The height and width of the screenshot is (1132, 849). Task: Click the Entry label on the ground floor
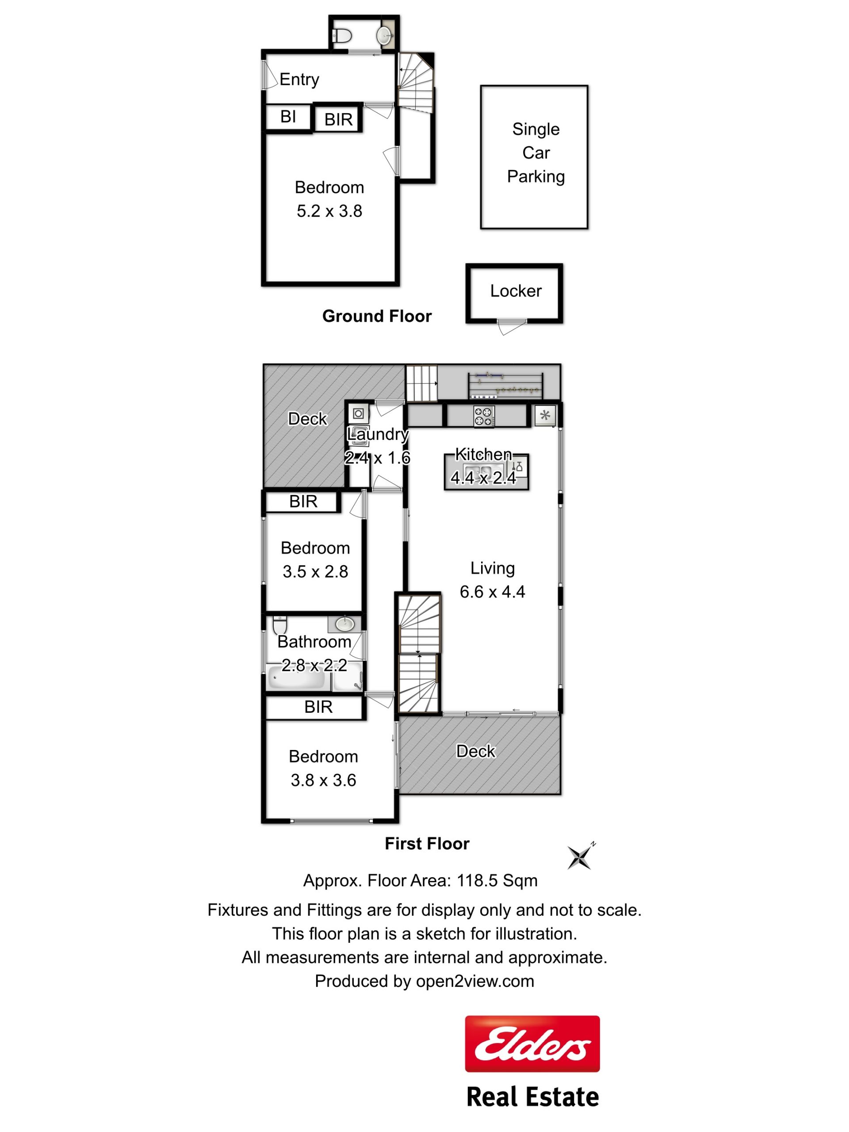pyautogui.click(x=299, y=79)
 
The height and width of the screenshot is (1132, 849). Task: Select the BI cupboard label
pyautogui.click(x=288, y=117)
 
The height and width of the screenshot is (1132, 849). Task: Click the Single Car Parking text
pyautogui.click(x=536, y=153)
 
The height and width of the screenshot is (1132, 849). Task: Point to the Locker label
pyautogui.click(x=516, y=291)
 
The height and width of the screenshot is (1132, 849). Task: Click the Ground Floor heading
pyautogui.click(x=377, y=316)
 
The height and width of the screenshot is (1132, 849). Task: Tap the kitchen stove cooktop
pyautogui.click(x=484, y=416)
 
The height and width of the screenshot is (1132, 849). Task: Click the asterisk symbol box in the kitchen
pyautogui.click(x=545, y=415)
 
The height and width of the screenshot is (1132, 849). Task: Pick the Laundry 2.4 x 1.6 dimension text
pyautogui.click(x=377, y=458)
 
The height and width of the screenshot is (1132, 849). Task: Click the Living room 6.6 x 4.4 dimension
pyautogui.click(x=492, y=592)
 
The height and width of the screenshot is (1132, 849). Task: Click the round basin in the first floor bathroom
pyautogui.click(x=345, y=624)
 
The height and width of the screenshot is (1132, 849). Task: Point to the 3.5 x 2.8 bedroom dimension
pyautogui.click(x=315, y=572)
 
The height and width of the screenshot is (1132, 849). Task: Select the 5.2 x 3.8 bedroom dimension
pyautogui.click(x=329, y=211)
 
